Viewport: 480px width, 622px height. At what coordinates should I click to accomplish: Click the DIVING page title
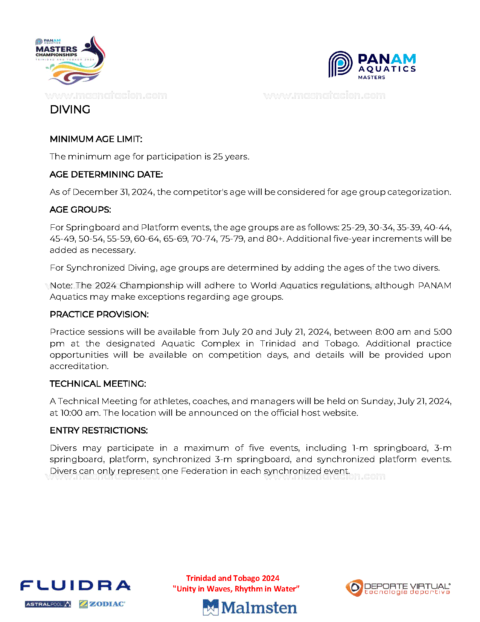(70, 110)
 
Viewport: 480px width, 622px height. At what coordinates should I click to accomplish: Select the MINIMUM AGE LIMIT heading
(96, 139)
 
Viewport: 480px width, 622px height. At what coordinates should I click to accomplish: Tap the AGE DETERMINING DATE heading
(106, 175)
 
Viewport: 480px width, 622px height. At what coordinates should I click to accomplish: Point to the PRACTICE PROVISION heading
(99, 314)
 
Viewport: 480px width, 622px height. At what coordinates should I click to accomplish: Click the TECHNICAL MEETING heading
(98, 384)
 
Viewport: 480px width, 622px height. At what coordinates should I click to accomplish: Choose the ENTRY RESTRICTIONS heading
(99, 430)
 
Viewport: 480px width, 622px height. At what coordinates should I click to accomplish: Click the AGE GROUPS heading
(80, 210)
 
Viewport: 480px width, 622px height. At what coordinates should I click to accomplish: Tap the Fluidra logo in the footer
(75, 586)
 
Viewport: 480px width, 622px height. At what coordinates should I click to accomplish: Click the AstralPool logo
(48, 604)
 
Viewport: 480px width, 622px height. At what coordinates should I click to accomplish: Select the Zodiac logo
(102, 604)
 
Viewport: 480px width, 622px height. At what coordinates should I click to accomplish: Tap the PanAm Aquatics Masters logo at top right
(372, 65)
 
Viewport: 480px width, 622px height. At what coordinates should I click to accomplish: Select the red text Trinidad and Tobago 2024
(233, 578)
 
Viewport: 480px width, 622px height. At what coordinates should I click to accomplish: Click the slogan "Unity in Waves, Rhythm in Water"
(236, 589)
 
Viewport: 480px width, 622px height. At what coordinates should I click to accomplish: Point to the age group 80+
(274, 239)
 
